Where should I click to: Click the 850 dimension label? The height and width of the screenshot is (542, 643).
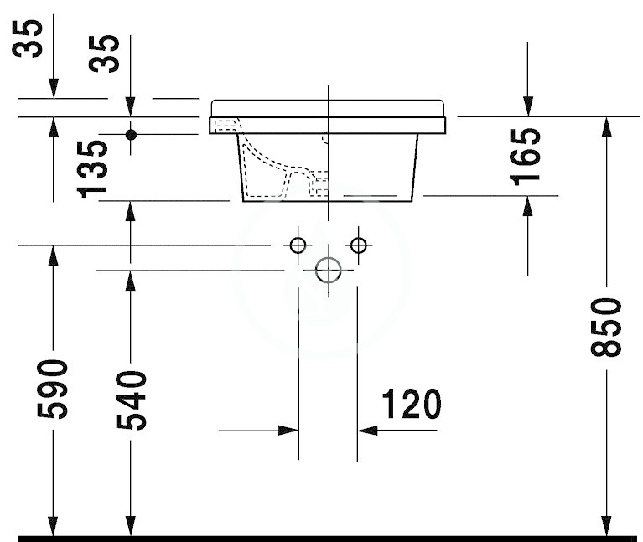[606, 328]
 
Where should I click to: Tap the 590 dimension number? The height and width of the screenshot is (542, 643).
[53, 390]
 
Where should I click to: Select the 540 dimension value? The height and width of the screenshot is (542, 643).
[131, 400]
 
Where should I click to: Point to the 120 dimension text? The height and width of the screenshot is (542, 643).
[412, 404]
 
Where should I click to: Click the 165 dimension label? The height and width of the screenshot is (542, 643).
[525, 157]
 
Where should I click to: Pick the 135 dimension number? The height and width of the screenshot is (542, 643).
[92, 169]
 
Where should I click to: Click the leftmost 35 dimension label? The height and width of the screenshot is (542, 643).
[27, 39]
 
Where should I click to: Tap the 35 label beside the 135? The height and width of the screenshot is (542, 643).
[105, 54]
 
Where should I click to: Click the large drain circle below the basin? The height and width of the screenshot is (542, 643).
[328, 271]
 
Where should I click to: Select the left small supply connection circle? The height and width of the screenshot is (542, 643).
[298, 245]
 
